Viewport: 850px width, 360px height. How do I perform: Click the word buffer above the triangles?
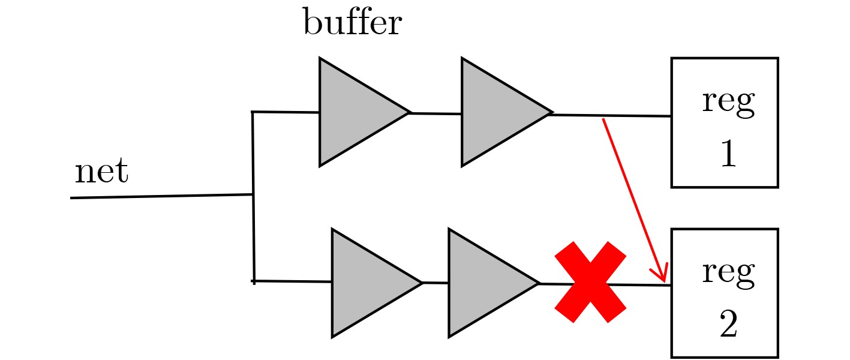pos(352,23)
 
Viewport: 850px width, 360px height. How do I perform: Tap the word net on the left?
pos(101,172)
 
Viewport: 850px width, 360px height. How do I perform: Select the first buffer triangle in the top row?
pos(354,112)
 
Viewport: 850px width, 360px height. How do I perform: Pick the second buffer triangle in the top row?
pos(496,112)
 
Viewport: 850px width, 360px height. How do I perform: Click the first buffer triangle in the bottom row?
pos(367,283)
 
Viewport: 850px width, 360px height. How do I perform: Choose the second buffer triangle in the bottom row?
pos(483,283)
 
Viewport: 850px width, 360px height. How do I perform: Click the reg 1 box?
pos(724,122)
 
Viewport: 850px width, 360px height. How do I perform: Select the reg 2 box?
pos(724,292)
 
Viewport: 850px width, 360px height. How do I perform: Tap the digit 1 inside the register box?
pos(727,154)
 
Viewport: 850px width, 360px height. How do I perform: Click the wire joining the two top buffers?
pos(435,113)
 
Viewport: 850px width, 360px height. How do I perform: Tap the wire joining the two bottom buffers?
pos(435,283)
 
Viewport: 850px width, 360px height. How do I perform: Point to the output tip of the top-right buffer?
pos(551,113)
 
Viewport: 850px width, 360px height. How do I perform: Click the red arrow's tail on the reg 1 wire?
pos(603,120)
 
